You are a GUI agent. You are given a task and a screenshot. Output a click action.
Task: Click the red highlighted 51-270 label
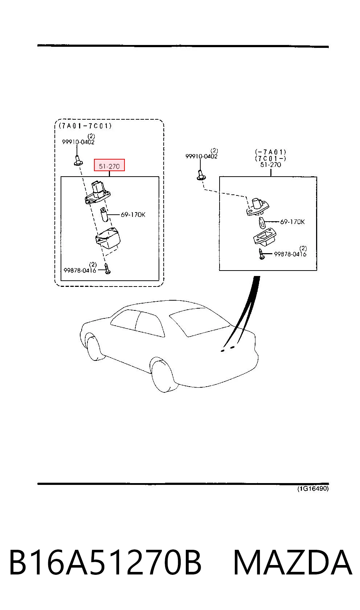coord(109,165)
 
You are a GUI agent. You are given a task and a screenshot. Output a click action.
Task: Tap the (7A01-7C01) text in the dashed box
coord(85,126)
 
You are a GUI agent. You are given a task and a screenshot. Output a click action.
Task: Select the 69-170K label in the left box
coord(133,215)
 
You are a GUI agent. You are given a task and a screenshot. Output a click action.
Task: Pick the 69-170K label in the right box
coord(292,222)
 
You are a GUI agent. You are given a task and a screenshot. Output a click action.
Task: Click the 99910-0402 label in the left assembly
coord(78,141)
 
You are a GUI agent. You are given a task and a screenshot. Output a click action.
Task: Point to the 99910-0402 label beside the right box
coord(201,156)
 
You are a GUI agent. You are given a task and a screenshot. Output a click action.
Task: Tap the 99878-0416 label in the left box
coord(80,270)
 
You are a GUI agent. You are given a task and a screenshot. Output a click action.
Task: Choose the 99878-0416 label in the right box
coord(290,254)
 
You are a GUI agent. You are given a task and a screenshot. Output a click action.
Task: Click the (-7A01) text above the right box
coord(271,152)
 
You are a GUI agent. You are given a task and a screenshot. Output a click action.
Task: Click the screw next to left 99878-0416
coord(107,269)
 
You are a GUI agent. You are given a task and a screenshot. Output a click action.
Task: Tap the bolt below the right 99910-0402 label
coord(201,174)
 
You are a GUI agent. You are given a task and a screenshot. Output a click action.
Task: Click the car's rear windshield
coord(200,321)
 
